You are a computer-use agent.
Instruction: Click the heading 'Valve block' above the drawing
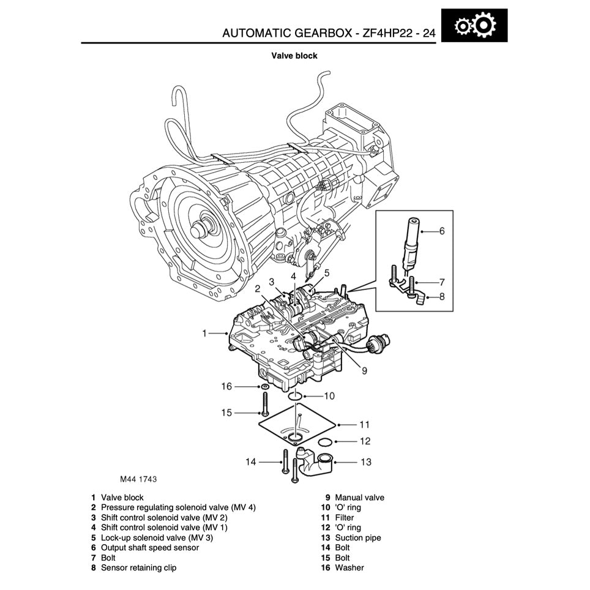pyautogui.click(x=294, y=56)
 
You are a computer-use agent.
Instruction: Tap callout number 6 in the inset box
pyautogui.click(x=441, y=231)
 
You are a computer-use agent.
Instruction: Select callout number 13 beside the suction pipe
pyautogui.click(x=365, y=462)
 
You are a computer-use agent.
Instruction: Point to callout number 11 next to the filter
pyautogui.click(x=365, y=424)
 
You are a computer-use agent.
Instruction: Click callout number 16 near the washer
pyautogui.click(x=227, y=386)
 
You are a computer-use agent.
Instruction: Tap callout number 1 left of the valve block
pyautogui.click(x=205, y=334)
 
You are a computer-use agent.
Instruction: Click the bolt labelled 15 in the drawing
pyautogui.click(x=264, y=405)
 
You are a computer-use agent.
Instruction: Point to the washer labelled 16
pyautogui.click(x=264, y=387)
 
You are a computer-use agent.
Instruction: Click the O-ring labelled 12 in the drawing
pyautogui.click(x=326, y=441)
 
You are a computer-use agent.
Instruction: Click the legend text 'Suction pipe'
pyautogui.click(x=357, y=538)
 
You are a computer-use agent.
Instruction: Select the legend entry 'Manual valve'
pyautogui.click(x=359, y=498)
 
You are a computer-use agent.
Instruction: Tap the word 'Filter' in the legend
pyautogui.click(x=344, y=518)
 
